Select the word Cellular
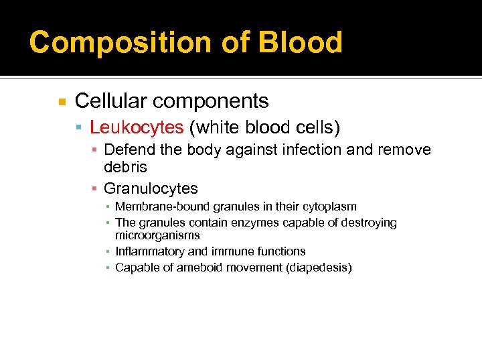(x=110, y=101)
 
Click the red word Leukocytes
(x=137, y=127)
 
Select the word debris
(x=125, y=166)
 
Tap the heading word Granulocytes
(x=151, y=188)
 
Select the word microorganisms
(x=157, y=235)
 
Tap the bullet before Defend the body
(x=95, y=150)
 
